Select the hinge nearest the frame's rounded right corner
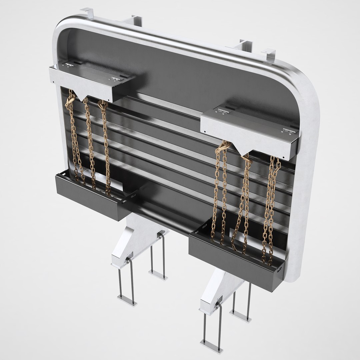(x=289, y=130)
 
